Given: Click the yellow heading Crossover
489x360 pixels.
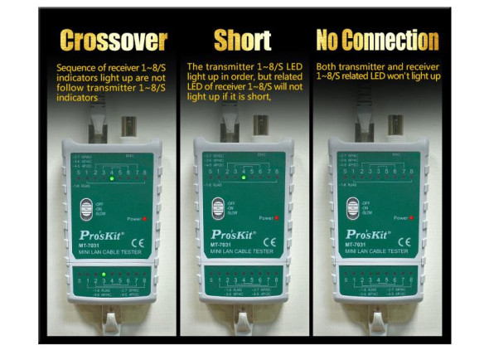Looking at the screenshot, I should [114, 40].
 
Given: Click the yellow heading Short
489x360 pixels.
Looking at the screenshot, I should [242, 40].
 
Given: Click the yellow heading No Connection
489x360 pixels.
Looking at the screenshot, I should [377, 40].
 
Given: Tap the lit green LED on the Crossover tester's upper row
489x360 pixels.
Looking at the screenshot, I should [110, 178].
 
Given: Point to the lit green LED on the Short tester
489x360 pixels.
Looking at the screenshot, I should [243, 178].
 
